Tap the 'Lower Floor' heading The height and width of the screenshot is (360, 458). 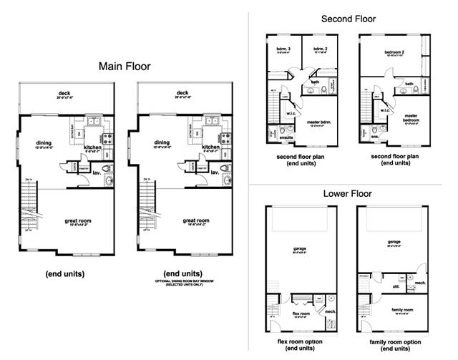tap(349, 193)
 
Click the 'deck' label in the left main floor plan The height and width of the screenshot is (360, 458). tap(64, 93)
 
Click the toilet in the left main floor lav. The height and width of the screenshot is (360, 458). tap(109, 169)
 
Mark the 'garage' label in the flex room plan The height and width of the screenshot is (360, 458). tap(299, 248)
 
